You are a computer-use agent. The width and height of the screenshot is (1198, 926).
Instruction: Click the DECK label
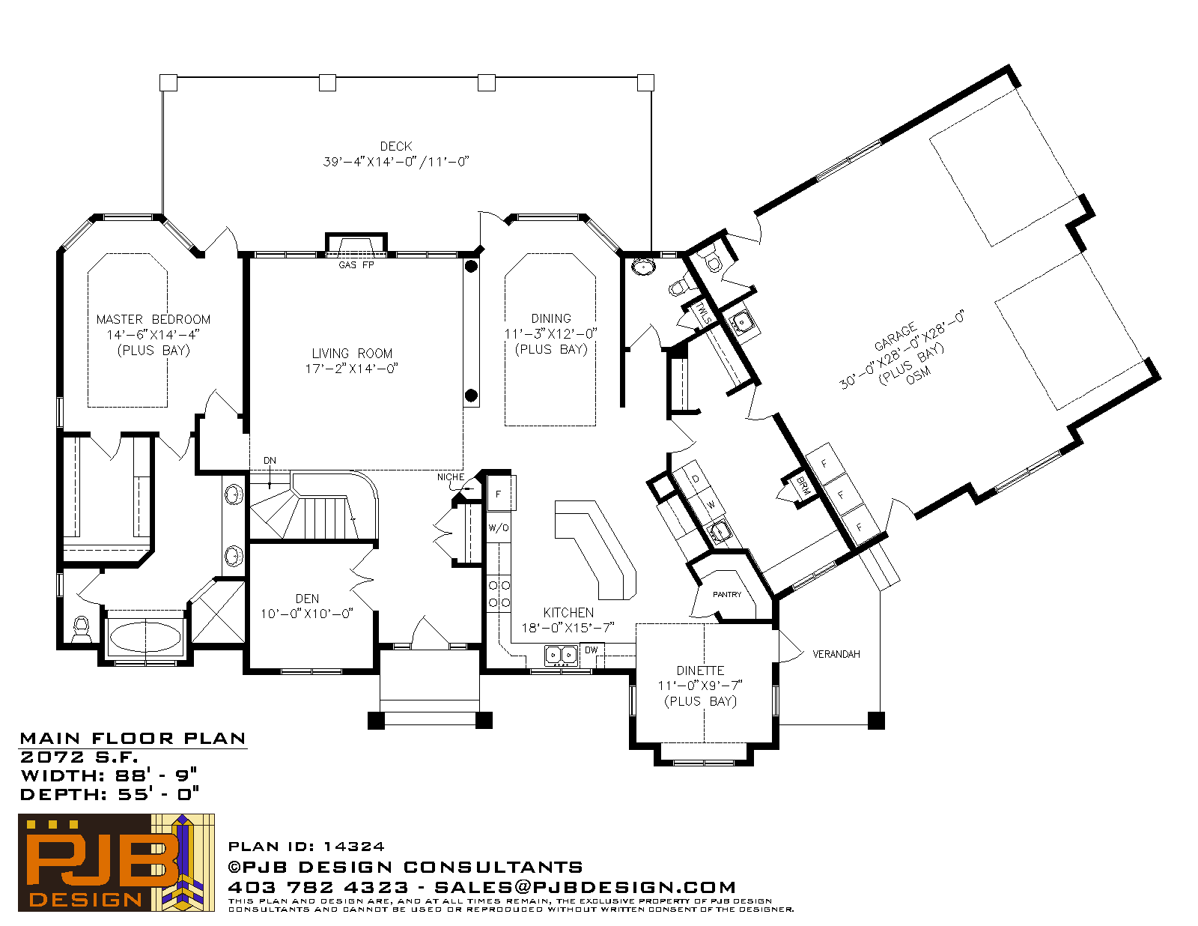click(396, 146)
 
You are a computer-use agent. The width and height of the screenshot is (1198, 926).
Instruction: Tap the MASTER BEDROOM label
click(153, 319)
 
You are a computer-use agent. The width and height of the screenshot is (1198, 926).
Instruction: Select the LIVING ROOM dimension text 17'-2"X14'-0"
click(352, 369)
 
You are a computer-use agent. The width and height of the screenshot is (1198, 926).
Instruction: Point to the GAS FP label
click(356, 265)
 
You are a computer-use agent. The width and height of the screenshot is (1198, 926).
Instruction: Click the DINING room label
click(551, 318)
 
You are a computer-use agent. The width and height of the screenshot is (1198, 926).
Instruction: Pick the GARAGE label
click(896, 336)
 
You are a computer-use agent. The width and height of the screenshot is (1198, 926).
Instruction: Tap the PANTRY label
click(726, 595)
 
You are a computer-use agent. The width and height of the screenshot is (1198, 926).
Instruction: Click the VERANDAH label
click(836, 654)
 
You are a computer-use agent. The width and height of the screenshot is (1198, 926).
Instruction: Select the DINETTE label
click(700, 671)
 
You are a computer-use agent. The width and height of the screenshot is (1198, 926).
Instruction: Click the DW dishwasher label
click(591, 650)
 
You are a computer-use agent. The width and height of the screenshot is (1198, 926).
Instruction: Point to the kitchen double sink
click(561, 656)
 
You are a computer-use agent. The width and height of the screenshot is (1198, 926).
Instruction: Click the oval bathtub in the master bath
click(145, 637)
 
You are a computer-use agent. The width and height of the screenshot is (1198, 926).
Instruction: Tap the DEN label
click(307, 599)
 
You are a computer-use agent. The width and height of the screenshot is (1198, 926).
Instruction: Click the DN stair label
click(270, 461)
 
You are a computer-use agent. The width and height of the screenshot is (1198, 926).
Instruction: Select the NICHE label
click(451, 477)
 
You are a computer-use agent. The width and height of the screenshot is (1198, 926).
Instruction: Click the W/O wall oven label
click(499, 528)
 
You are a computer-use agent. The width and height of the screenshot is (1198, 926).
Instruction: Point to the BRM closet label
click(803, 485)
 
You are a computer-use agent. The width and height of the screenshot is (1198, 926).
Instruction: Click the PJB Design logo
click(116, 862)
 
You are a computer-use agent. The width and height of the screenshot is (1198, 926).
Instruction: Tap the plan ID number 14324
click(353, 847)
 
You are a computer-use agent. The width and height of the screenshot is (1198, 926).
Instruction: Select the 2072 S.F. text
click(79, 757)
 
